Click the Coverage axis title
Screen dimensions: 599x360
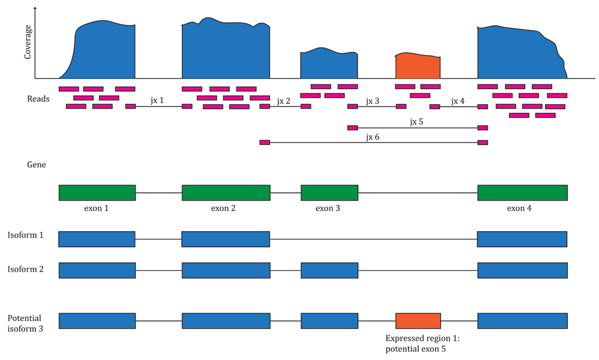pyautogui.click(x=27, y=42)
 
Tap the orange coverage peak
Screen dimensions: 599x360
pyautogui.click(x=418, y=66)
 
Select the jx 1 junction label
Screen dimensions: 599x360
pyautogui.click(x=157, y=101)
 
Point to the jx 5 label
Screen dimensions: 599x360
pyautogui.click(x=416, y=122)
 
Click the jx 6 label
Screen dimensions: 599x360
pyautogui.click(x=373, y=137)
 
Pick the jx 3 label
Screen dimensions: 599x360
pyautogui.click(x=373, y=101)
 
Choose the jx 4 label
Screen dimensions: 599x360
pyautogui.click(x=458, y=101)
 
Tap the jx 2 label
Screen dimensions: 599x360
pyautogui.click(x=283, y=101)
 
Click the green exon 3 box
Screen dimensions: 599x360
pyautogui.click(x=329, y=193)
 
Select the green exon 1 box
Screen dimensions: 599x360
pyautogui.click(x=97, y=193)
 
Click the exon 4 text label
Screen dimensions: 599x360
pyautogui.click(x=519, y=208)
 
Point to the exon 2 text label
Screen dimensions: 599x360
pyautogui.click(x=223, y=208)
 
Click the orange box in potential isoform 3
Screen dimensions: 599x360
pyautogui.click(x=418, y=321)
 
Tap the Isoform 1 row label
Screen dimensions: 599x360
pyautogui.click(x=26, y=235)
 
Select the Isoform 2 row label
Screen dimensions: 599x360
pyautogui.click(x=26, y=269)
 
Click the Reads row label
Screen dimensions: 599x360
pyautogui.click(x=38, y=99)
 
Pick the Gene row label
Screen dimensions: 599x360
pyautogui.click(x=37, y=165)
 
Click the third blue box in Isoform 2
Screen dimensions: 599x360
pyautogui.click(x=329, y=270)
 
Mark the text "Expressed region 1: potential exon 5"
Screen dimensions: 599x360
pyautogui.click(x=422, y=344)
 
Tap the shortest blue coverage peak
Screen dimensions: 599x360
pyautogui.click(x=329, y=63)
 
